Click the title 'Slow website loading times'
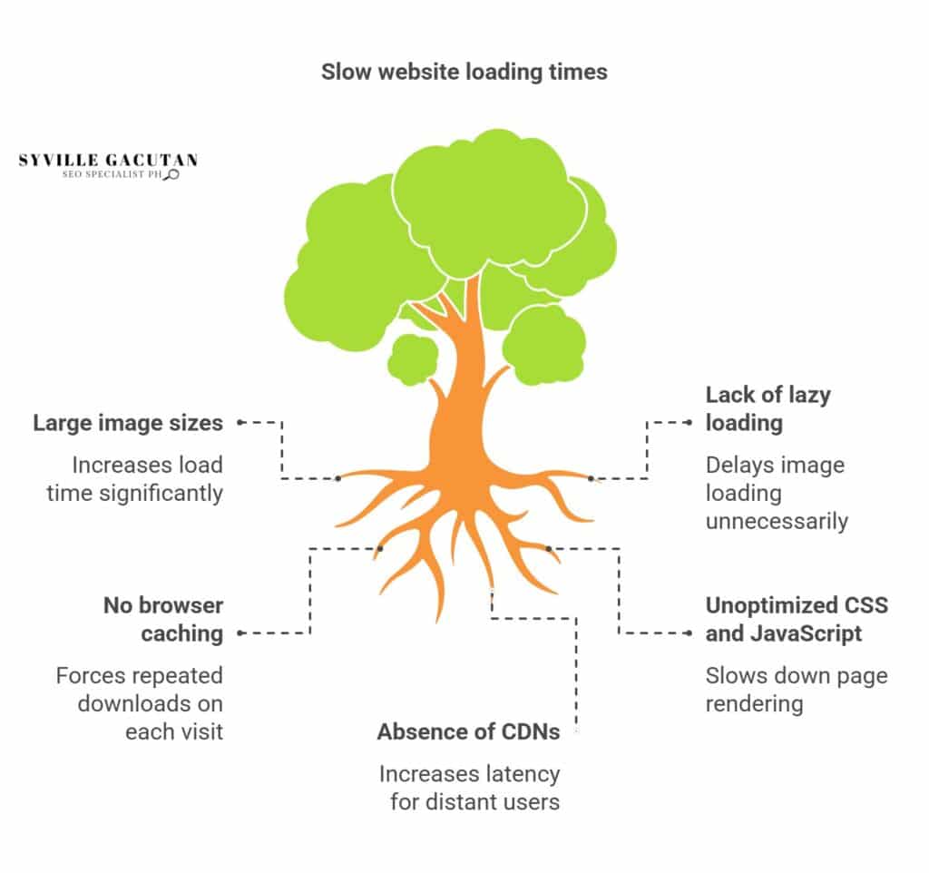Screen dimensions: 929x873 coord(464,72)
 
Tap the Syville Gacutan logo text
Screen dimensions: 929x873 coord(109,160)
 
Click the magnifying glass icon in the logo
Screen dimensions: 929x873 coord(172,174)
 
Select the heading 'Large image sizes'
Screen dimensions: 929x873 coord(128,423)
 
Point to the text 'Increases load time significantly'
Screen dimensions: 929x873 coord(135,479)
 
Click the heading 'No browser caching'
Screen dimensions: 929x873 coord(163,619)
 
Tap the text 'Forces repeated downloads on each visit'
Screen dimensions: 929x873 coord(140,703)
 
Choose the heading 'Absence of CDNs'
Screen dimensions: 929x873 coord(469,732)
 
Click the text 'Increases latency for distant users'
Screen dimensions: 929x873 coord(469,788)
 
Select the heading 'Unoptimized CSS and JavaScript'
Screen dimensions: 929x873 coord(797,619)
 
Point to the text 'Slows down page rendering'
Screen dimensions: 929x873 coord(797,690)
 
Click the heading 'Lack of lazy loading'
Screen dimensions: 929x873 coord(768,408)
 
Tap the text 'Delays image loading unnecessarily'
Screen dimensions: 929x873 coord(777,493)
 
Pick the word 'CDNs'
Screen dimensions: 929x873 coord(532,732)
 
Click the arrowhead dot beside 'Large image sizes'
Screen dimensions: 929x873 coord(240,423)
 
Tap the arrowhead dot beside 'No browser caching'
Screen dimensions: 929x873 coord(240,633)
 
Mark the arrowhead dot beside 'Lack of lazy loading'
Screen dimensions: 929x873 coord(689,423)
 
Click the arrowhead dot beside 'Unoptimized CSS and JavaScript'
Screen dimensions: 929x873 coord(689,633)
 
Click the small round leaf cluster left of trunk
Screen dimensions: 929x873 coord(413,359)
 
